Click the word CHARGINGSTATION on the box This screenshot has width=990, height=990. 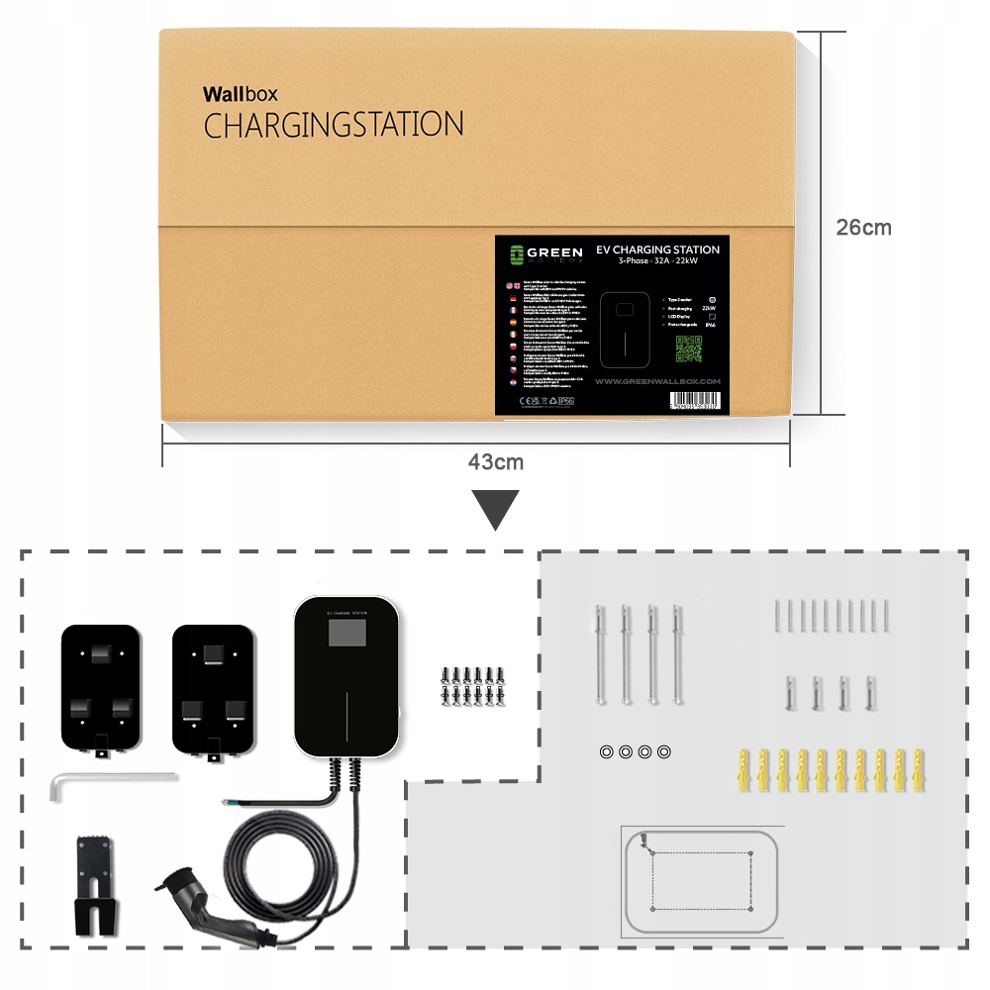tap(333, 126)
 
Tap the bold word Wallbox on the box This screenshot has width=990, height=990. tap(240, 95)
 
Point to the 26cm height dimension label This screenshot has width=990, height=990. tap(863, 228)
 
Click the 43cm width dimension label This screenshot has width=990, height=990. tap(496, 462)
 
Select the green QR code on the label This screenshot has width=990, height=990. tap(688, 348)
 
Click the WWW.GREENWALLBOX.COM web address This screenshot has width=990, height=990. tap(657, 380)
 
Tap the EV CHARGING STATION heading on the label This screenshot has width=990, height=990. tap(657, 249)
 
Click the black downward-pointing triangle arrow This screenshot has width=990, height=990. tap(496, 509)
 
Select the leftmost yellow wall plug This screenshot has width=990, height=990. tap(743, 770)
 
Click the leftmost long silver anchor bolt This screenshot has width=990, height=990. tap(600, 653)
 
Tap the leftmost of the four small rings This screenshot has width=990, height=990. tap(606, 752)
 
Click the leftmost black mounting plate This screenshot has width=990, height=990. tap(100, 688)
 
